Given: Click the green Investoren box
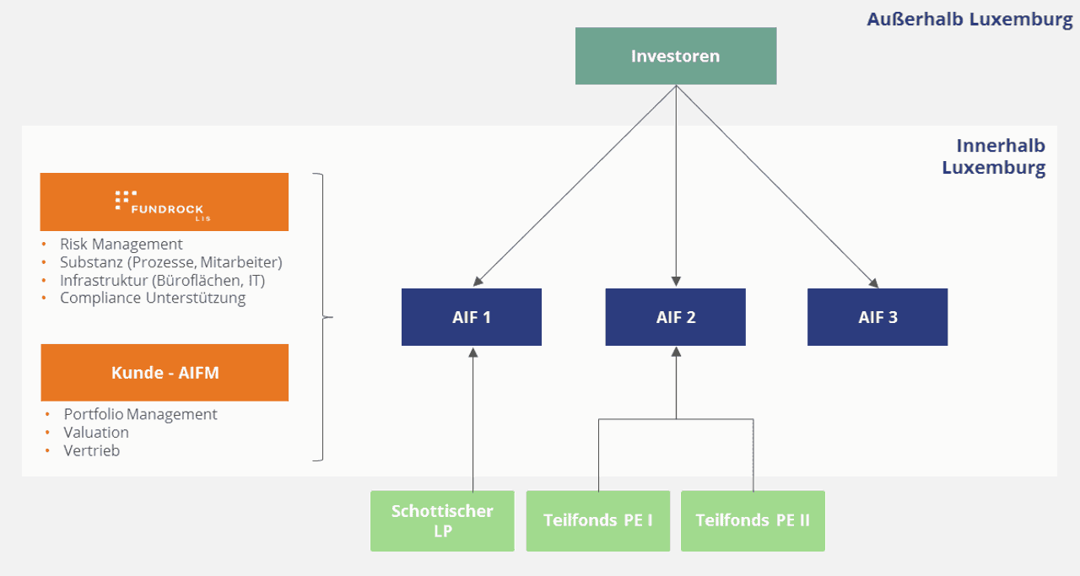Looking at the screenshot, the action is (676, 56).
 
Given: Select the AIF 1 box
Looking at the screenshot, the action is (472, 317).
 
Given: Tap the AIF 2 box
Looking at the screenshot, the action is (676, 317).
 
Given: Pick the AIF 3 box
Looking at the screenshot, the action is (877, 317).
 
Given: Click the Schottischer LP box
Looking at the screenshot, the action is (442, 521).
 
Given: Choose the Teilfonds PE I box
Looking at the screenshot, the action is (598, 521).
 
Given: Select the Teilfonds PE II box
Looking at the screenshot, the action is (753, 521).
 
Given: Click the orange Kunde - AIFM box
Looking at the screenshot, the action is (165, 373).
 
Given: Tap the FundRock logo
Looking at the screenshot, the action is (163, 206).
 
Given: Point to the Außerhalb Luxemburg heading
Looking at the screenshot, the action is (969, 19).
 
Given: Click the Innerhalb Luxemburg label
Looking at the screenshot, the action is (994, 157).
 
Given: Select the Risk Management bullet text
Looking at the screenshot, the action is (121, 244).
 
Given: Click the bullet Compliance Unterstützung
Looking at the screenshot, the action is (153, 298).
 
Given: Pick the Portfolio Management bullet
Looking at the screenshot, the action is (140, 415).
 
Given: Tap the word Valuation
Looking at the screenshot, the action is (96, 433).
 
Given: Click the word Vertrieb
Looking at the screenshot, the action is (92, 450).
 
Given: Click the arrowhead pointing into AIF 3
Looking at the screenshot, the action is (874, 283).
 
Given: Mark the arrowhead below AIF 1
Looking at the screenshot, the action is (473, 353).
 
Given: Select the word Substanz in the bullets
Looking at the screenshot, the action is (92, 262).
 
